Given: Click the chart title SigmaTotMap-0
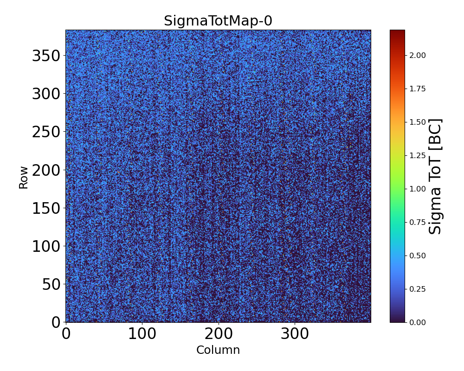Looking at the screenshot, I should (218, 21).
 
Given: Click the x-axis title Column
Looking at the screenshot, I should (218, 350).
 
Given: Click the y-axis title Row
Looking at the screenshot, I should (23, 177).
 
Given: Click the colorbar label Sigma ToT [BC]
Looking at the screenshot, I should (435, 176).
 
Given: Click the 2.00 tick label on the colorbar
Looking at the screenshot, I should (418, 55).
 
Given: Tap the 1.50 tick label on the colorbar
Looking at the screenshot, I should (418, 122).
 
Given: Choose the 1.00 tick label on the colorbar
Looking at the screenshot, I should (418, 189).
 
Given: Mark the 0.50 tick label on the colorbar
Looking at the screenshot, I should (418, 256).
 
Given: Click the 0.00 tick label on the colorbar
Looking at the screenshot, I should (418, 322).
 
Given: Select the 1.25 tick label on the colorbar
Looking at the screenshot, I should (418, 155).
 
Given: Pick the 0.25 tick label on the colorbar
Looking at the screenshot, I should (418, 289).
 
